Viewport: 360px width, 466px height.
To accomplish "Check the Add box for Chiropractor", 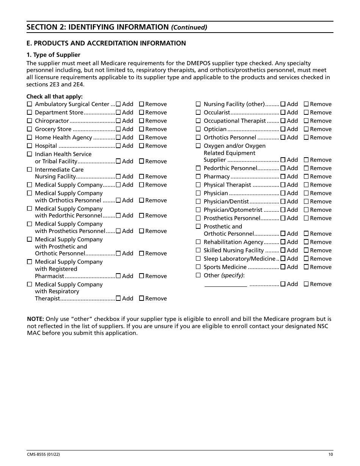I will coord(118,121).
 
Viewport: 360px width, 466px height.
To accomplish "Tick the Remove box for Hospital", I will coord(141,146).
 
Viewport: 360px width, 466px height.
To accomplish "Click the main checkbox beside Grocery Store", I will coord(29,129).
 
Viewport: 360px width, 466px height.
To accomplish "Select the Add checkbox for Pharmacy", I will coord(283,177).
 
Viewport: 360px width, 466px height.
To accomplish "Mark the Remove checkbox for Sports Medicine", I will coord(306,267).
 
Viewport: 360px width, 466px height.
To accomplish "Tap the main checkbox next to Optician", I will coord(198,129).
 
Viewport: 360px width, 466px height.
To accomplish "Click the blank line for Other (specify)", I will coord(225,284).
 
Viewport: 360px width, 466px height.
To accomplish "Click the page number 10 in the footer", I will coord(331,455).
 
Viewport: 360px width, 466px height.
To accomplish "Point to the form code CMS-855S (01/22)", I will coord(43,455).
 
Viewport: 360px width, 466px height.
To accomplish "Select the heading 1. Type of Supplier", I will coord(53,55).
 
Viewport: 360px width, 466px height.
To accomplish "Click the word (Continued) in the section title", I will coord(189,27).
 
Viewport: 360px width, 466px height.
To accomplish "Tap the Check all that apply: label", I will coord(55,97).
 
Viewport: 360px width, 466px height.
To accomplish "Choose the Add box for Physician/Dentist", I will coord(283,202).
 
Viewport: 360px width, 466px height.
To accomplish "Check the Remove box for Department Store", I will coord(141,113).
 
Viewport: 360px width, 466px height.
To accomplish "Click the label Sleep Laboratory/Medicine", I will coord(239,259).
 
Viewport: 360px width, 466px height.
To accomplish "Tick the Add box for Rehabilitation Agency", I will coord(283,242).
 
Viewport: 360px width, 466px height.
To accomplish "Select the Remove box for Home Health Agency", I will coord(141,138).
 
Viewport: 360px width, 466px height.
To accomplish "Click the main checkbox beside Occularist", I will coord(198,113).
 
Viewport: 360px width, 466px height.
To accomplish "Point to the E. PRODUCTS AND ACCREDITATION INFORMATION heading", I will coord(106,43).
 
